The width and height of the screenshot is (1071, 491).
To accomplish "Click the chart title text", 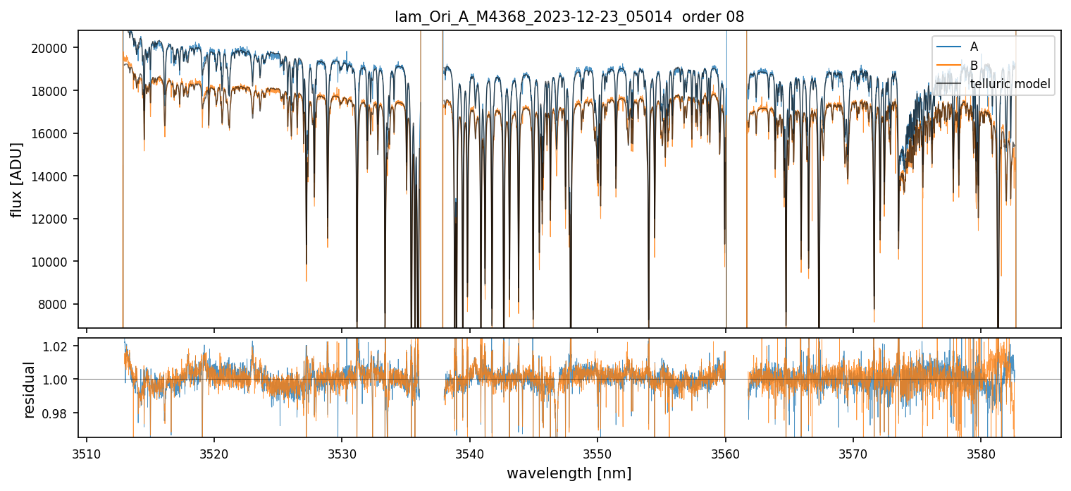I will click(x=569, y=17).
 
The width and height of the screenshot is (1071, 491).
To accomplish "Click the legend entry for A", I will click(x=974, y=47).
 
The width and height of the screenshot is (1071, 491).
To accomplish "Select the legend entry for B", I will click(x=974, y=66).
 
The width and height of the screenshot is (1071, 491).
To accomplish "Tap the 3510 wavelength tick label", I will click(x=87, y=452).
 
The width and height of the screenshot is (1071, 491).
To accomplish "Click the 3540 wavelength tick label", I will click(x=470, y=452).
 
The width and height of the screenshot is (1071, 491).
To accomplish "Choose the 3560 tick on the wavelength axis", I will click(x=726, y=452).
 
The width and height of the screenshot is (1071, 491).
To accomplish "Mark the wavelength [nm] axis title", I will click(x=569, y=473).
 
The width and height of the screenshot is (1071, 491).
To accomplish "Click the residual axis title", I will click(x=30, y=389).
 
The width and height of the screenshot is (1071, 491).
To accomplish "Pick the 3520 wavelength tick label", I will click(x=214, y=452).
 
